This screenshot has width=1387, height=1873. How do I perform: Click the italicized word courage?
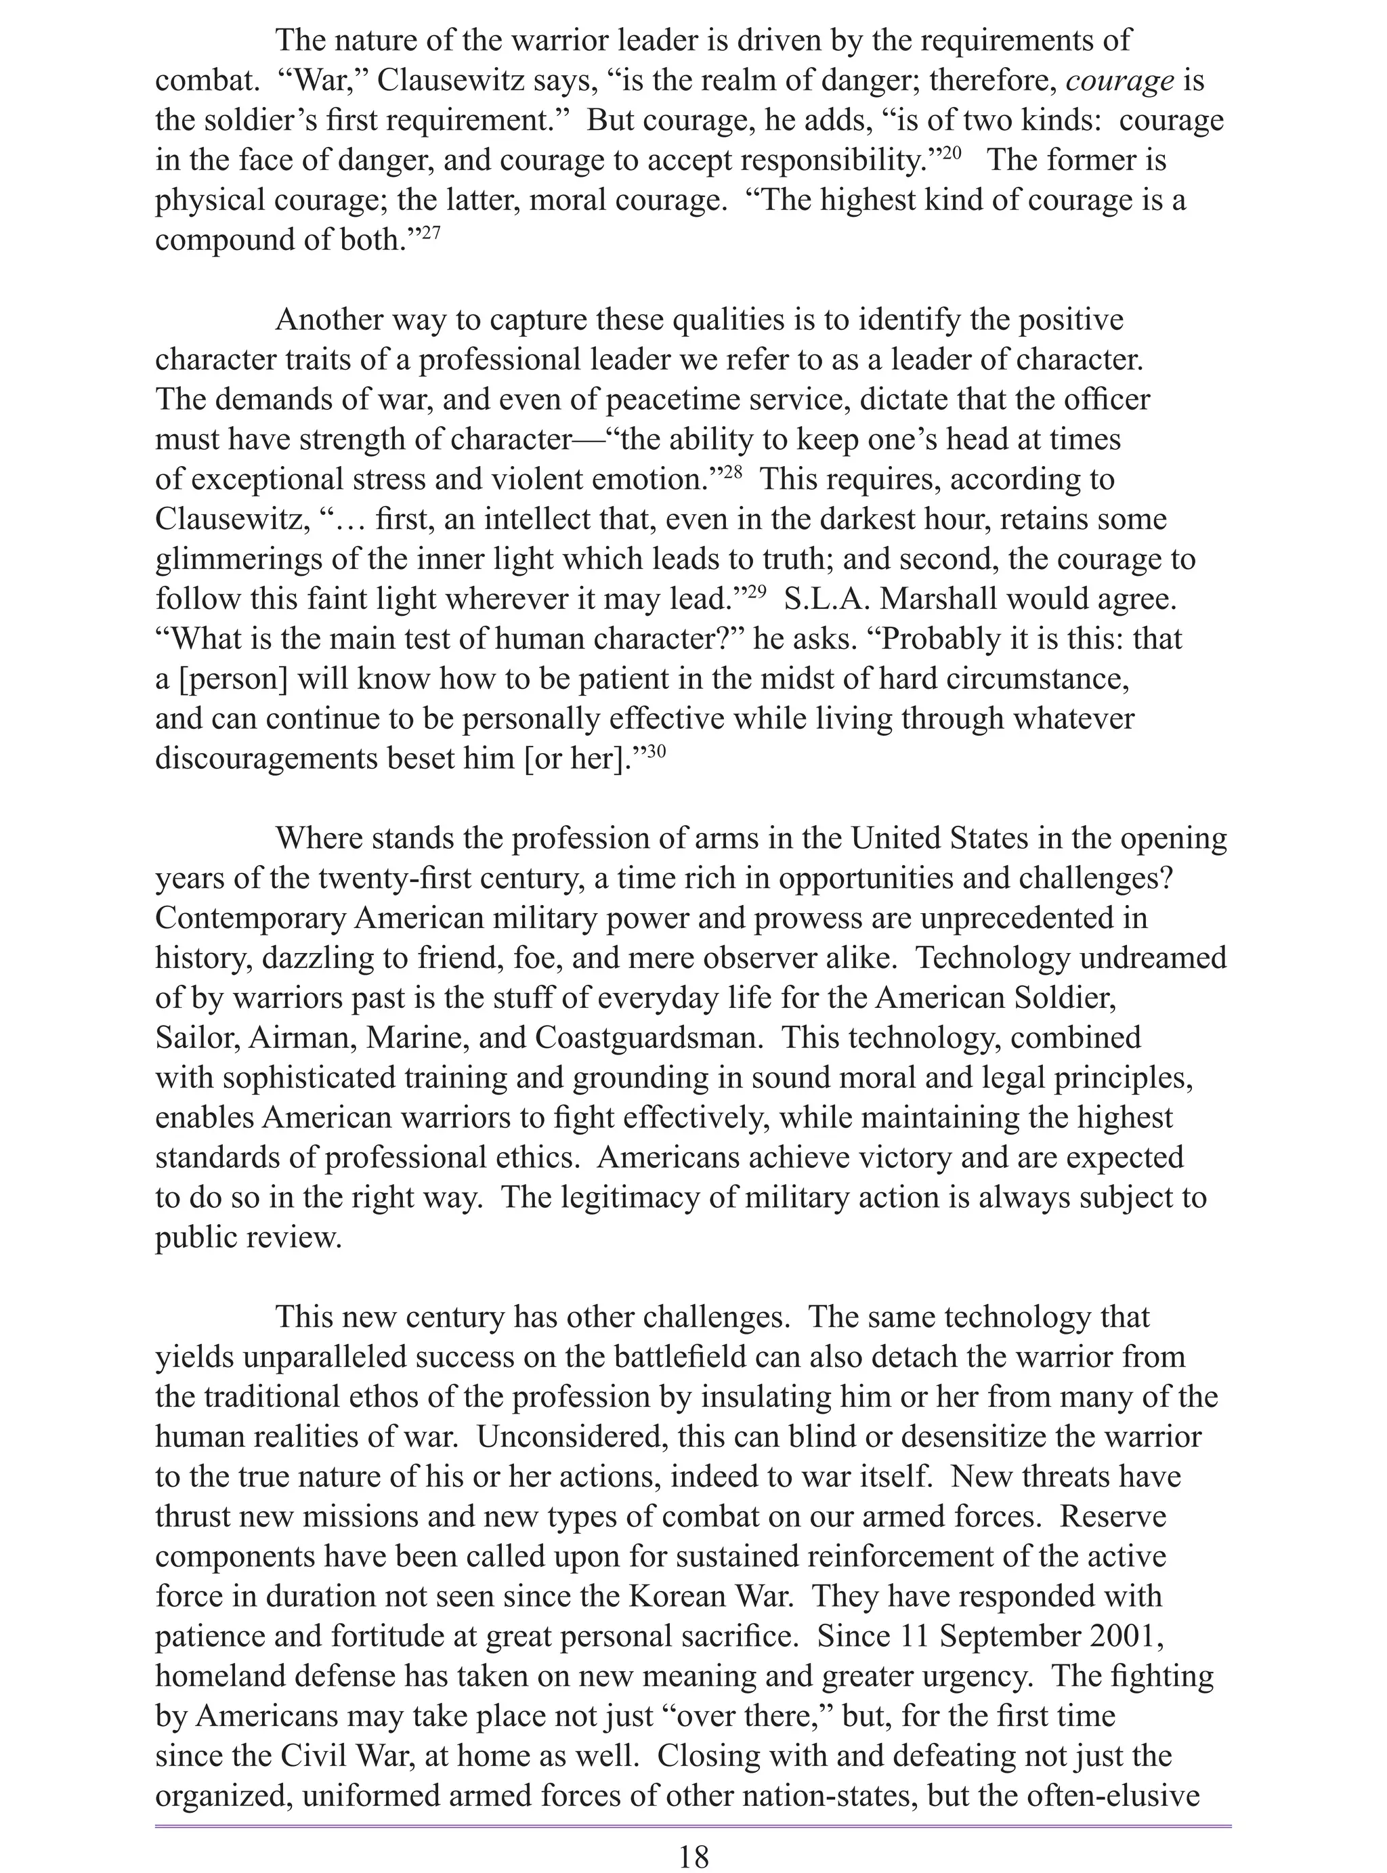coord(1120,81)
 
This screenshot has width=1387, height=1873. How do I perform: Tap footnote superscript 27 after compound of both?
coord(430,232)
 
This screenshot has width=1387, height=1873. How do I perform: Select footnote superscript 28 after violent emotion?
coord(732,472)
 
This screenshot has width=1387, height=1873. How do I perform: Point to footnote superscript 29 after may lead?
coord(756,592)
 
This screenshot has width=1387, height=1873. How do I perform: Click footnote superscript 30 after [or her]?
coord(656,751)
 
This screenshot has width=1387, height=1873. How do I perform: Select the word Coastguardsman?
coord(648,1038)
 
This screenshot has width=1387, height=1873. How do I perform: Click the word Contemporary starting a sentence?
coord(250,919)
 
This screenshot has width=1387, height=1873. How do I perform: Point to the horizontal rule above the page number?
coord(693,1819)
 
